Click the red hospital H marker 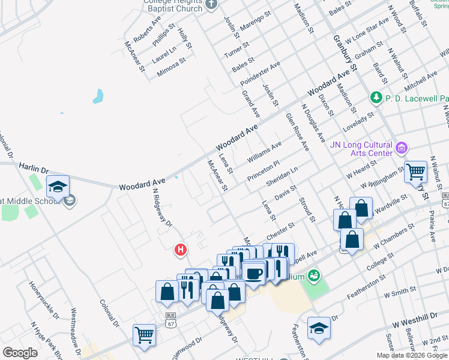coord(179,249)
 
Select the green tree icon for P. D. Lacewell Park coord(376,97)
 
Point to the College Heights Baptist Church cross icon coord(211,5)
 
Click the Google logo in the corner coord(20,353)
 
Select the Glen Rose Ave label coord(297,131)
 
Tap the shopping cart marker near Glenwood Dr coord(145,335)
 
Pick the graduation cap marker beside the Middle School coord(58,187)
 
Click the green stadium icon coord(313,275)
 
